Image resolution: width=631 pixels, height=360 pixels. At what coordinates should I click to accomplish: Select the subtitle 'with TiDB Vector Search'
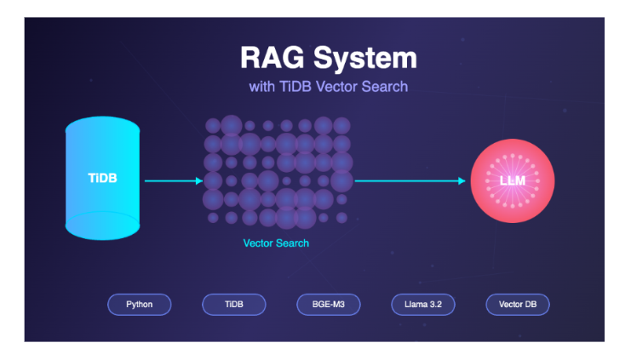coord(328,87)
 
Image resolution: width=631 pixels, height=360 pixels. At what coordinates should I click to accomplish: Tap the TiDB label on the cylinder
coord(103,179)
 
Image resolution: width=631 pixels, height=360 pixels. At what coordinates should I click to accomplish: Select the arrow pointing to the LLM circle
coord(410,180)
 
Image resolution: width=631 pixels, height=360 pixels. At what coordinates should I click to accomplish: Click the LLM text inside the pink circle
coord(513,181)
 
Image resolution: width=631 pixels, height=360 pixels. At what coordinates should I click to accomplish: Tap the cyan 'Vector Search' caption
coord(276,243)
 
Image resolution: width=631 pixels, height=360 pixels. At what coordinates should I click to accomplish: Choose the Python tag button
coord(139,304)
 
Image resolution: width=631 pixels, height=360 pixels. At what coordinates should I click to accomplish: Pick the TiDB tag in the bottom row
coord(233,304)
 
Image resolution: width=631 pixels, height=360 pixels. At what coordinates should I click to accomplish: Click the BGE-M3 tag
coord(329,304)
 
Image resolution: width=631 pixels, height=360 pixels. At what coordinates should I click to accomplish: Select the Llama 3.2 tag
coord(423,304)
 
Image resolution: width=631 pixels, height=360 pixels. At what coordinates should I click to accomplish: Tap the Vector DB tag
coord(518,304)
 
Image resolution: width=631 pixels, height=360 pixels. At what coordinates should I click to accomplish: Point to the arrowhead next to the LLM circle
coord(462,180)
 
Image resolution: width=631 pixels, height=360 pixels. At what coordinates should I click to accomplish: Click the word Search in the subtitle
coord(385,87)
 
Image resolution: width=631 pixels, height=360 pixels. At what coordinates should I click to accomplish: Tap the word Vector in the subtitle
coord(338,87)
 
